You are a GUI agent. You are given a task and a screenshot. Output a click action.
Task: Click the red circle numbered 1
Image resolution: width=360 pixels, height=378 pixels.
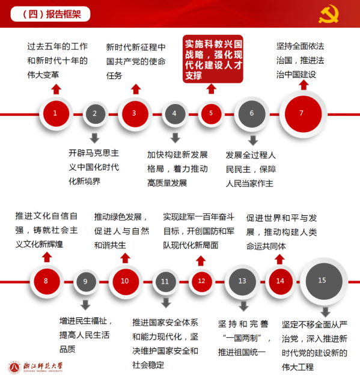coord(56,114)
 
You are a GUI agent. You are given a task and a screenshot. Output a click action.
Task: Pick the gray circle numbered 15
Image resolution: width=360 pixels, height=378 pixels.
coord(324,281)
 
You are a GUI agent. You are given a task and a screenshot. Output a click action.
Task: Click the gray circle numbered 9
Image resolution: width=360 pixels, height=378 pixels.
coord(86,282)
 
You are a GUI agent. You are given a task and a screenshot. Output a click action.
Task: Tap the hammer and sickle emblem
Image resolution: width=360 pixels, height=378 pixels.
coord(328,14)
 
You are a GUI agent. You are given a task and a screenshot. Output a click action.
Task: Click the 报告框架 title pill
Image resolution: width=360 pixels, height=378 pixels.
coord(50,14)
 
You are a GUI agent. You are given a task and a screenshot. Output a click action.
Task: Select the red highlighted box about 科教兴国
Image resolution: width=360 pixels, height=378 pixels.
coord(213,59)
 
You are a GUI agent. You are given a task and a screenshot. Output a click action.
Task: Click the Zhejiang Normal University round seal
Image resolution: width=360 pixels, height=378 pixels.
coord(14,367)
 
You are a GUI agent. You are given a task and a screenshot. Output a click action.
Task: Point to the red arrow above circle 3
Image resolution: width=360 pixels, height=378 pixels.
coord(136,89)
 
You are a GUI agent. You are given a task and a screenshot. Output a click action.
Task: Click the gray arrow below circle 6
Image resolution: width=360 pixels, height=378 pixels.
coord(253,140)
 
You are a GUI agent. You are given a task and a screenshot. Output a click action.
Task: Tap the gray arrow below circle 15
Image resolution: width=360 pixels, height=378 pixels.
coord(325,312)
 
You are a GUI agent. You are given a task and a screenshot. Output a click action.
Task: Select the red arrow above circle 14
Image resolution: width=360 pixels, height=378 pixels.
coord(279,260)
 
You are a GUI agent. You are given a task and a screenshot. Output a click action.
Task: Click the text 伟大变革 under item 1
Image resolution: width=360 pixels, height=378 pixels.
coord(43,75)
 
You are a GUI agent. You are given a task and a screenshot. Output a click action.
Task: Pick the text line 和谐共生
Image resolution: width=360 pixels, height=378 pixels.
coord(110,245)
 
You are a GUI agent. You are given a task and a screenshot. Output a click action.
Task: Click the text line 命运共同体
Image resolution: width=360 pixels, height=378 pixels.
coord(266,246)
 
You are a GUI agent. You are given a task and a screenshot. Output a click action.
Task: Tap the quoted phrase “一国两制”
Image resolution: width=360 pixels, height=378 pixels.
coord(242,338)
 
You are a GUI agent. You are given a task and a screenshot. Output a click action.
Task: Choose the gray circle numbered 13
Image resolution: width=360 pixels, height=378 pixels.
coord(242,281)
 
